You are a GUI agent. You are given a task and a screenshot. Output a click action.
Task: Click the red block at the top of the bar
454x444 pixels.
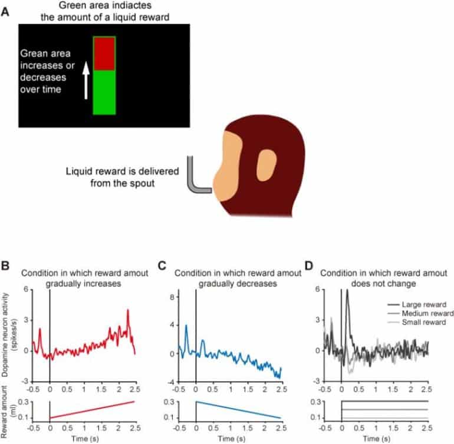pos(104,53)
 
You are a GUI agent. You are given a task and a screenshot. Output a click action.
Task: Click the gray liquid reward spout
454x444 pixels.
pos(196,177)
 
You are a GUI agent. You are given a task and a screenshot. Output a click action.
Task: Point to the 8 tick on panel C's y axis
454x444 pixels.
pos(188,297)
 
